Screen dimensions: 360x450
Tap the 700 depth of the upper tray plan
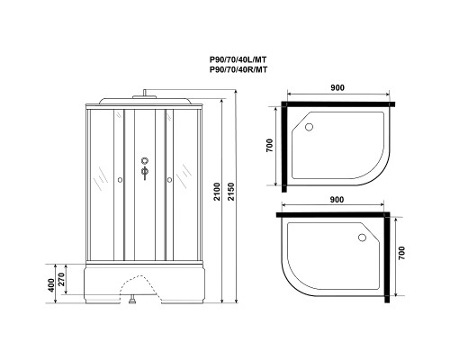pos(269,146)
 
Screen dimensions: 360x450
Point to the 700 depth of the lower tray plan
pos(401,257)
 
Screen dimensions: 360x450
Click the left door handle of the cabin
pos(120,181)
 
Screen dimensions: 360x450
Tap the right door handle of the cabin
pos(167,181)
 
